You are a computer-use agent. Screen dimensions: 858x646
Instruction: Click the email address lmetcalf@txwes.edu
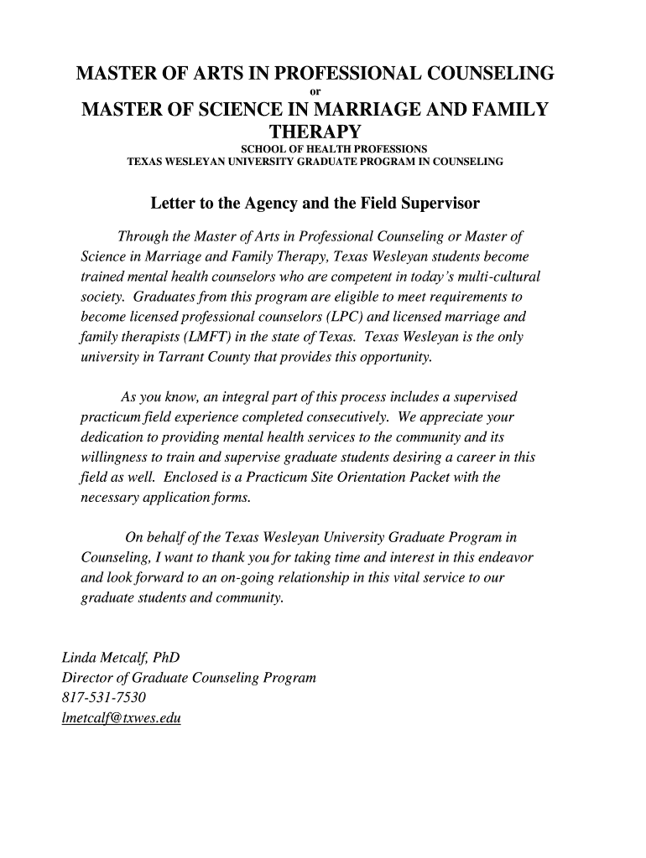pyautogui.click(x=122, y=718)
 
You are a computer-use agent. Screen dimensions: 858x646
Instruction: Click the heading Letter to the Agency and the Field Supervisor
pyautogui.click(x=315, y=204)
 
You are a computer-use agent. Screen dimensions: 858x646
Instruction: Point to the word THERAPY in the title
pyautogui.click(x=315, y=132)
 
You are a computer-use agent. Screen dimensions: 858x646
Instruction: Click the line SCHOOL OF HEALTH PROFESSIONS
pyautogui.click(x=323, y=148)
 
